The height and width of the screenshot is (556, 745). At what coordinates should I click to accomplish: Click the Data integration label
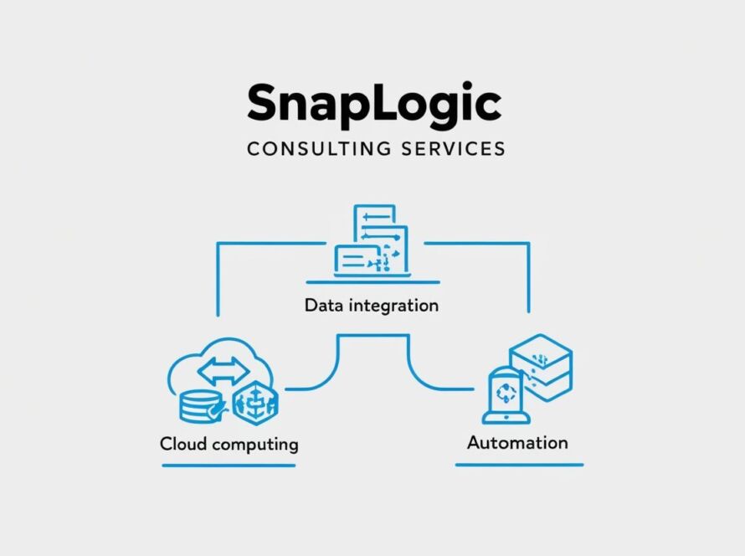(x=371, y=305)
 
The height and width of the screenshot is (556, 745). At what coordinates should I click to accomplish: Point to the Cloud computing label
(x=229, y=443)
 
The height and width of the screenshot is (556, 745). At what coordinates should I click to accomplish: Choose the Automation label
(x=517, y=442)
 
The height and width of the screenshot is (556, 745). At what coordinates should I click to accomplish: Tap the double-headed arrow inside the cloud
(x=223, y=369)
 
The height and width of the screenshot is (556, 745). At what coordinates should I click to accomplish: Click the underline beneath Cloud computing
(x=229, y=466)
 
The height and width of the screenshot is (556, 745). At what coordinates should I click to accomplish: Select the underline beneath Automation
(x=519, y=465)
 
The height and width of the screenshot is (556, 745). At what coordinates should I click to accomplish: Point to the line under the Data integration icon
(x=372, y=282)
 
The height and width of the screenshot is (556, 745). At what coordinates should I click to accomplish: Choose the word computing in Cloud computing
(x=254, y=444)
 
